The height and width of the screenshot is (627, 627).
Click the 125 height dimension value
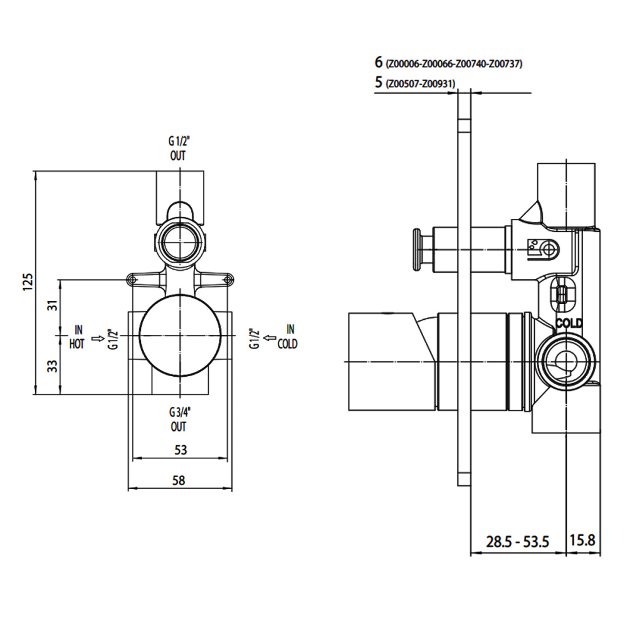point(28,282)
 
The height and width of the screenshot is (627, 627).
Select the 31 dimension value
point(53,305)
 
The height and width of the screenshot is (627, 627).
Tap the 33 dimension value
point(53,366)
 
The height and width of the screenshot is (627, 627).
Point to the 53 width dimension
point(181,450)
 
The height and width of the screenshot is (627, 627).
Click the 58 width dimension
point(179,480)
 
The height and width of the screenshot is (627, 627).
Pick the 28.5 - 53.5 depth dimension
point(517,542)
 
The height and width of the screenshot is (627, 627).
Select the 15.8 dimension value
point(582,540)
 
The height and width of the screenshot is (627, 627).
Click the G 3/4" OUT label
point(179,419)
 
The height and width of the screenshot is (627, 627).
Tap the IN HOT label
point(77,337)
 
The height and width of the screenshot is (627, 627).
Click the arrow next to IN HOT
point(98,339)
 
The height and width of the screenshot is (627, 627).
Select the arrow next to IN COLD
point(271,339)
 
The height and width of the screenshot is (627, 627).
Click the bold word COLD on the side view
point(569,323)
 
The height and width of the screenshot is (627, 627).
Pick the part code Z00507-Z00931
point(420,83)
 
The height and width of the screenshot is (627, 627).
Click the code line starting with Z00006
point(454,63)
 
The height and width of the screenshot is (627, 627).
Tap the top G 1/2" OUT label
point(179,148)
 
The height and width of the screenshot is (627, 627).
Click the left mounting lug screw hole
point(132,280)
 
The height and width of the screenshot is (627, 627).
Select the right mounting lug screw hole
point(228,280)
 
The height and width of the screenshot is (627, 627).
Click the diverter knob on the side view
point(417,250)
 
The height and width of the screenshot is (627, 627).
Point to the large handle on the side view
point(392,362)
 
